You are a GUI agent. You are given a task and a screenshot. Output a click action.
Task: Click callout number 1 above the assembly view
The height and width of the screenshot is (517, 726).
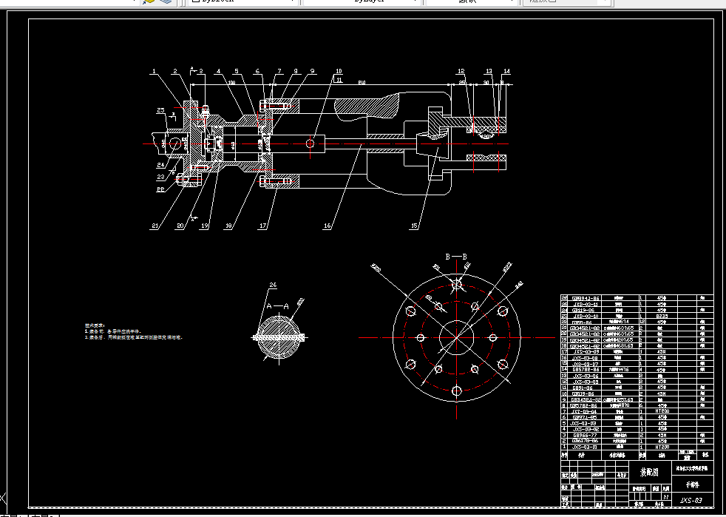click(154, 72)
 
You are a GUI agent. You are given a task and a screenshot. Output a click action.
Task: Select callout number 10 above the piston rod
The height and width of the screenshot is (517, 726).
click(339, 72)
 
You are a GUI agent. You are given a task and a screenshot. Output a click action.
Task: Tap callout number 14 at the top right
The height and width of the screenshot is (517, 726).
click(506, 72)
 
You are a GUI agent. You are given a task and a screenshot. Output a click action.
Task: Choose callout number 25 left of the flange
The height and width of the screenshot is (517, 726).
click(160, 110)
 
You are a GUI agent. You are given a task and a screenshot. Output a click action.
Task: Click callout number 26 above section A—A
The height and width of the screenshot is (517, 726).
click(273, 285)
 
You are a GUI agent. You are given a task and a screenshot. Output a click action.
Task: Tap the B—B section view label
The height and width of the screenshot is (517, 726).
click(456, 257)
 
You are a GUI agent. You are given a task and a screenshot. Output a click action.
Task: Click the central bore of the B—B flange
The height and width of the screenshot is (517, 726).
click(456, 337)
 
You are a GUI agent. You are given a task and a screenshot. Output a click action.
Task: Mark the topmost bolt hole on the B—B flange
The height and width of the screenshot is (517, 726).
click(456, 283)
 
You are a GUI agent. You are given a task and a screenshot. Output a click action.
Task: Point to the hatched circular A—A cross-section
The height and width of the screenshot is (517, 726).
click(280, 337)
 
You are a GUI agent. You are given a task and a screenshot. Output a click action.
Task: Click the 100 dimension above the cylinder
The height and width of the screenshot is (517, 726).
click(231, 83)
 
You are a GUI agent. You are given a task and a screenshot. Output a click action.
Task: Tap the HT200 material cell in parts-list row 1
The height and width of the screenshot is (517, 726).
click(662, 447)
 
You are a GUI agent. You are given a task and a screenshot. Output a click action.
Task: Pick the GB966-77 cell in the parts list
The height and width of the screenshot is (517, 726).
click(584, 434)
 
